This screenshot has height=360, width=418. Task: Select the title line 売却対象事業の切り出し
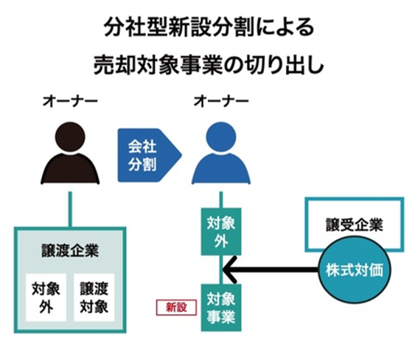pyautogui.click(x=209, y=65)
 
